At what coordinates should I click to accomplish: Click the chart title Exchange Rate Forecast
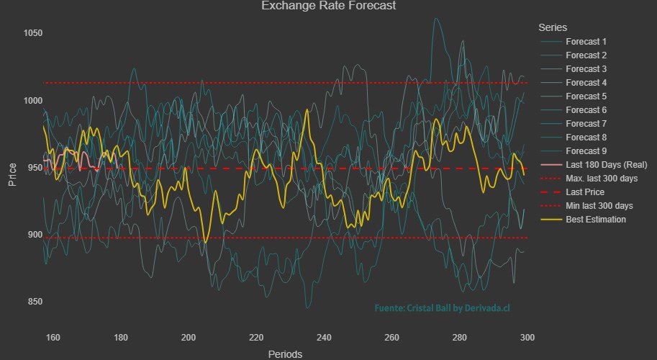click(328, 6)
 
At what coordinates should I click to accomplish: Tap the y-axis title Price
click(12, 175)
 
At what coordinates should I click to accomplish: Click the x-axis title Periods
click(285, 354)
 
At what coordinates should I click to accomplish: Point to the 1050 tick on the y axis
click(32, 33)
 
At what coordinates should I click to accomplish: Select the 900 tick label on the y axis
click(32, 235)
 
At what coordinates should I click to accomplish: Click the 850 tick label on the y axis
click(32, 302)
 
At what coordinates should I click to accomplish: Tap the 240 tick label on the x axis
click(325, 337)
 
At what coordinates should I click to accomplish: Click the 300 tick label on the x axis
click(527, 337)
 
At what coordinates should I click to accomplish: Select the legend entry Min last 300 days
click(599, 206)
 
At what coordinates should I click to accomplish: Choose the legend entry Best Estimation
click(595, 220)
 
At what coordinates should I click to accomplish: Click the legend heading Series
click(553, 27)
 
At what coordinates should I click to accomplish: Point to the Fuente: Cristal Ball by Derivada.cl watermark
click(442, 308)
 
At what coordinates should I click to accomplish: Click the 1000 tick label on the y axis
click(32, 100)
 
